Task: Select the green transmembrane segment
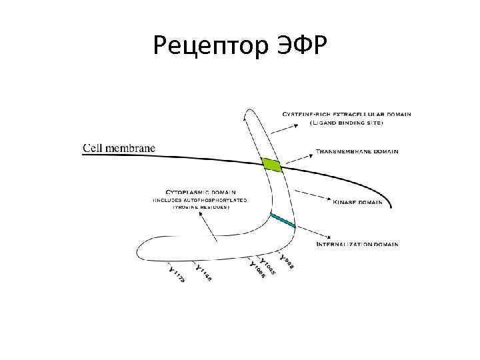click(271, 164)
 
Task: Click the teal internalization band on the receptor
click(283, 220)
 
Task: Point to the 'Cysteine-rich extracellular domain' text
click(346, 114)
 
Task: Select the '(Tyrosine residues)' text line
click(201, 207)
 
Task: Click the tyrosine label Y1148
click(203, 271)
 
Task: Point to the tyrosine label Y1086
click(257, 271)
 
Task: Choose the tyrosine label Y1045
click(269, 266)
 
